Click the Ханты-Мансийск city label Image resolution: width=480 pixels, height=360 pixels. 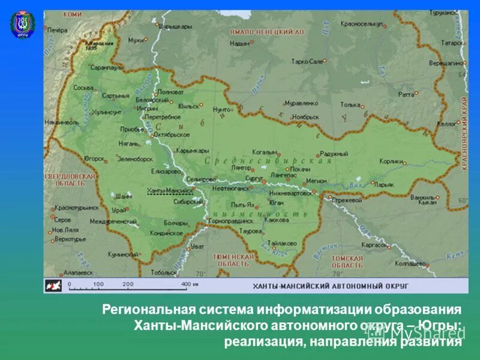(170, 191)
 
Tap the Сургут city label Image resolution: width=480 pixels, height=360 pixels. (254, 178)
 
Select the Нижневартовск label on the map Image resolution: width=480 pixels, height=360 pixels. (290, 193)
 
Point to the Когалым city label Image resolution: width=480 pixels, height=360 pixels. (264, 153)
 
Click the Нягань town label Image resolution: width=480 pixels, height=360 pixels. (129, 145)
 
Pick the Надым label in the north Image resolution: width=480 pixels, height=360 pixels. (239, 43)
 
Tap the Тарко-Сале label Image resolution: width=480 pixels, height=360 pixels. (307, 61)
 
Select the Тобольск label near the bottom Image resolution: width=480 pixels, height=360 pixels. (163, 272)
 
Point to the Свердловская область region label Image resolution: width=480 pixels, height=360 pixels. (70, 180)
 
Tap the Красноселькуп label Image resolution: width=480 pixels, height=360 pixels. (362, 25)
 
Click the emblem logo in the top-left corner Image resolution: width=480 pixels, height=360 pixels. (23, 25)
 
